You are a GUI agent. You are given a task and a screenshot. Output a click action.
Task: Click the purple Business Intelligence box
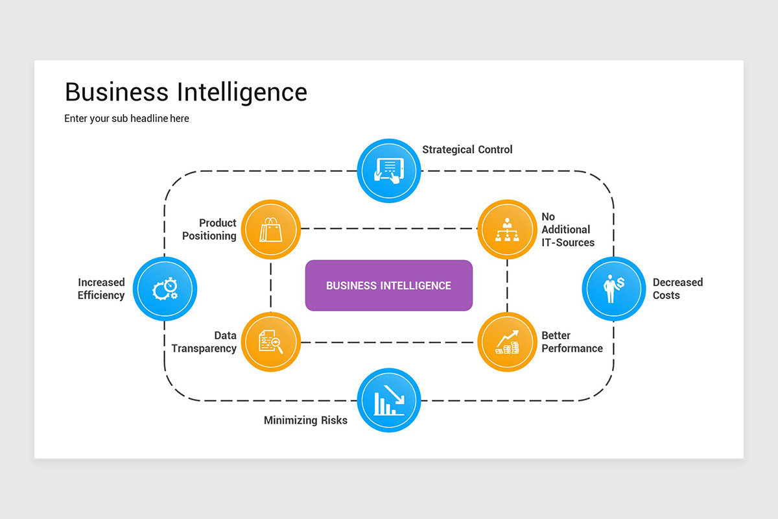(x=388, y=285)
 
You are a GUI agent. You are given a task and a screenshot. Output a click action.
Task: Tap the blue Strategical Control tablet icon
(x=389, y=171)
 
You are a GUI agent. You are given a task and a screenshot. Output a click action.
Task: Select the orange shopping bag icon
(x=271, y=230)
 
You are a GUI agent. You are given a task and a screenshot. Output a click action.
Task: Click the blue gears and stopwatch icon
(x=165, y=288)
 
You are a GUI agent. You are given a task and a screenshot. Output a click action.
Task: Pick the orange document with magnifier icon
(x=271, y=342)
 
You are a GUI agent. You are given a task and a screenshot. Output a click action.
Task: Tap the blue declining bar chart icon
(x=389, y=400)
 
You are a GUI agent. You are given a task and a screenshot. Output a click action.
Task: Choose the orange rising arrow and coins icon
(x=507, y=342)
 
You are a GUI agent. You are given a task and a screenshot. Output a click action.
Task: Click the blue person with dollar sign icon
(x=613, y=288)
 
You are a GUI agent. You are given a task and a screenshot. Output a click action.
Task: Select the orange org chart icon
(x=507, y=230)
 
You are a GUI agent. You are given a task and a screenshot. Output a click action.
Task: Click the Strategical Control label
(x=467, y=150)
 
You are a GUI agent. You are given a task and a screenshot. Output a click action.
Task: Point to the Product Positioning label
(x=209, y=230)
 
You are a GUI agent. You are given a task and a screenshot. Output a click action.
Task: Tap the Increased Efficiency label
(x=101, y=289)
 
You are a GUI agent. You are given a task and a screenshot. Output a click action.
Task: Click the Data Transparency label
(x=204, y=342)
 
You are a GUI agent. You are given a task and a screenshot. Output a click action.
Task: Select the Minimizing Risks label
(x=305, y=420)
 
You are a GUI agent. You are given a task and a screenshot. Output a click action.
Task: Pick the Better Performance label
(x=572, y=342)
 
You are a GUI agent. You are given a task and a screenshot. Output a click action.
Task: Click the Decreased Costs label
(x=678, y=289)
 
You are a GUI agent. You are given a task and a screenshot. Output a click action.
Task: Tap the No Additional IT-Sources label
(x=568, y=230)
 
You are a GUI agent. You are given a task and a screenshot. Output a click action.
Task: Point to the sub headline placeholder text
(x=126, y=119)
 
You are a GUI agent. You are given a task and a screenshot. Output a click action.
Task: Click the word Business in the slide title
(x=117, y=92)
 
